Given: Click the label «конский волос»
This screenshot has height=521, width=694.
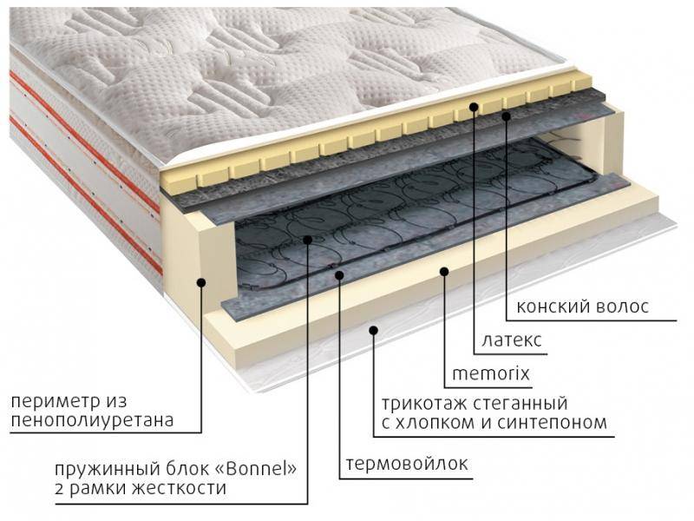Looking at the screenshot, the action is pyautogui.click(x=582, y=307).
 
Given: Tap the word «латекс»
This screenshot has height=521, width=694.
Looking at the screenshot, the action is pyautogui.click(x=511, y=340).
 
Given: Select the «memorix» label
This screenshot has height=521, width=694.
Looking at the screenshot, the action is pyautogui.click(x=490, y=373).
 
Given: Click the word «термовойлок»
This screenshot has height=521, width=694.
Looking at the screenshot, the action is pyautogui.click(x=406, y=464).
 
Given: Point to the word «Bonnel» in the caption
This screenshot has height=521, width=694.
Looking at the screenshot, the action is pyautogui.click(x=257, y=468).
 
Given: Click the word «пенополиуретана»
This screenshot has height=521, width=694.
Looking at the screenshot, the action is pyautogui.click(x=92, y=420).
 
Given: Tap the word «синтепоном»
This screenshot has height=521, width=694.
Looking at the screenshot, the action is pyautogui.click(x=552, y=422).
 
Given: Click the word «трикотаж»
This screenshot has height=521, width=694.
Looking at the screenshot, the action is pyautogui.click(x=423, y=403).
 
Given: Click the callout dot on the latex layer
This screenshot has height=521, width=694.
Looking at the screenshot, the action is pyautogui.click(x=474, y=106).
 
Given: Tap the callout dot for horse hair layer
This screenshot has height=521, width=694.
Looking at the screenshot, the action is pyautogui.click(x=507, y=115).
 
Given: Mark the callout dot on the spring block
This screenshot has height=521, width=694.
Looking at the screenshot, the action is pyautogui.click(x=308, y=240).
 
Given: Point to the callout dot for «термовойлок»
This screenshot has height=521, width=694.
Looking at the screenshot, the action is pyautogui.click(x=339, y=275).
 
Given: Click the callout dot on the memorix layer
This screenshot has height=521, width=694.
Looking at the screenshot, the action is pyautogui.click(x=444, y=271).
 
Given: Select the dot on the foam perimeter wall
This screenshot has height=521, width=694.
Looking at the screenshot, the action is pyautogui.click(x=201, y=281).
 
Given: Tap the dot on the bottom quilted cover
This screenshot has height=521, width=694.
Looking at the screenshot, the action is pyautogui.click(x=374, y=330).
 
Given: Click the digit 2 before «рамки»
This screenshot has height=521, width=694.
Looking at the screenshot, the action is pyautogui.click(x=60, y=488).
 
